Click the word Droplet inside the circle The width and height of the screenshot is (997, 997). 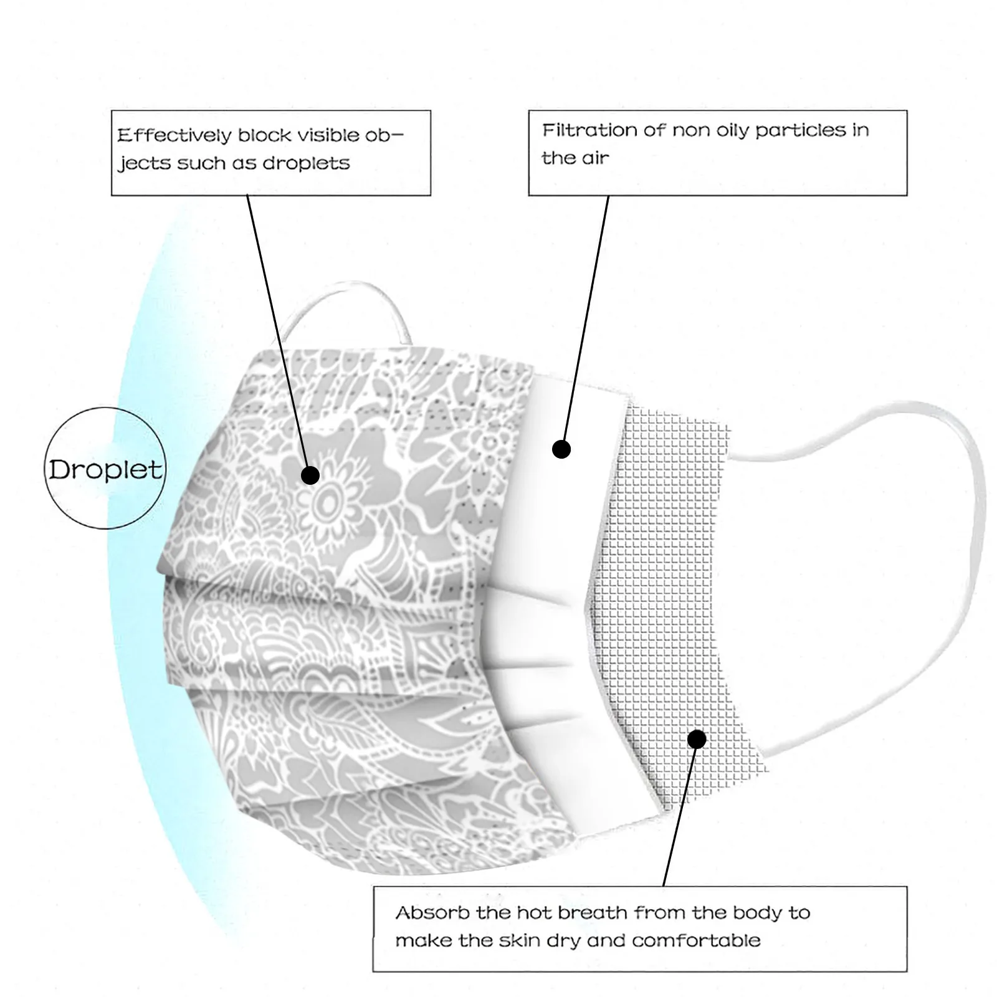(x=105, y=469)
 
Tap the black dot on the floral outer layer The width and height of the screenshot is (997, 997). (x=310, y=475)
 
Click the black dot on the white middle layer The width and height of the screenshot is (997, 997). (x=561, y=449)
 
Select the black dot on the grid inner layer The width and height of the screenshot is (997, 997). (x=697, y=739)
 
